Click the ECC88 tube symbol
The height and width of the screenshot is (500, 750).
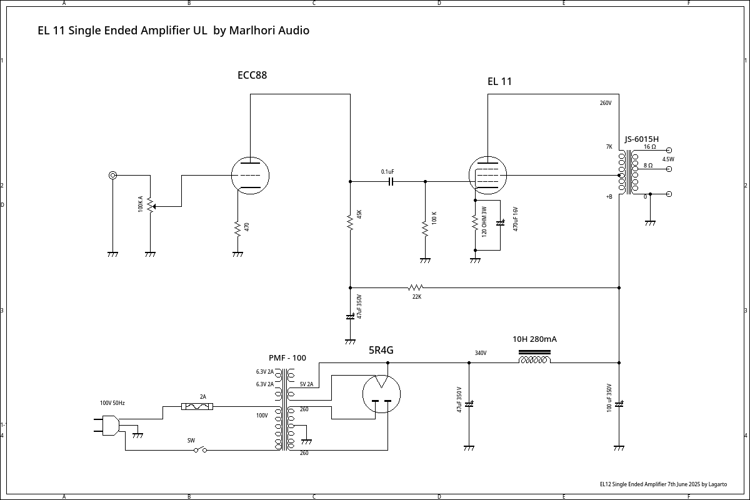point(250,176)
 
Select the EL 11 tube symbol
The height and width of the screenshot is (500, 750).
point(487,176)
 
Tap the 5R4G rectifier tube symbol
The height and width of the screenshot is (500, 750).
point(381,394)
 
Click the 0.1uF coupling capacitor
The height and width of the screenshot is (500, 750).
point(391,181)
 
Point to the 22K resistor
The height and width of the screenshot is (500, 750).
point(416,287)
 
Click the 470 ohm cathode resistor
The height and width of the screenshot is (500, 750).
point(237,228)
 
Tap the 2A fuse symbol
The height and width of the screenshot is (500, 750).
point(197,406)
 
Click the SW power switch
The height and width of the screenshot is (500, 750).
point(200,449)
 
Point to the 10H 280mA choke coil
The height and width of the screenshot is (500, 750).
point(534,358)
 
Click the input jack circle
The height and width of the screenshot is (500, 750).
point(112,176)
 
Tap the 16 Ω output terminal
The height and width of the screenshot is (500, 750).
point(669,151)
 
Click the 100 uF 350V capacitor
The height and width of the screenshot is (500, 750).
point(619,404)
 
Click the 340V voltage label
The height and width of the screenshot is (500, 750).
point(480,353)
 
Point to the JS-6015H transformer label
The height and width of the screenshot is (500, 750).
point(641,139)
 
